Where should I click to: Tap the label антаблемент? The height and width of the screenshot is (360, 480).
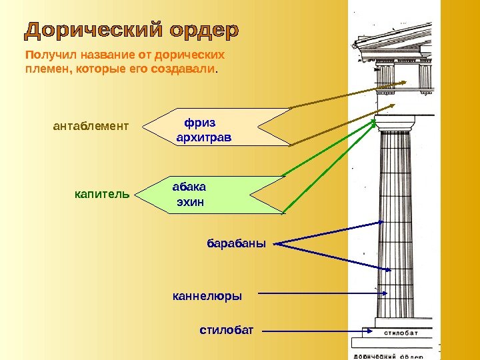[90, 125]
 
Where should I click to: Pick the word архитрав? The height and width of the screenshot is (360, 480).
[203, 138]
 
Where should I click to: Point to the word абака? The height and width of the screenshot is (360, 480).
[189, 187]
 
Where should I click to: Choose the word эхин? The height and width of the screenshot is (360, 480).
[189, 201]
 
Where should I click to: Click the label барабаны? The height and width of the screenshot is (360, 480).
[236, 243]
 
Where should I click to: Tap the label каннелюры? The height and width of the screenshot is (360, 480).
[207, 294]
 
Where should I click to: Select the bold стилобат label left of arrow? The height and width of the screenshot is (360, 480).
[227, 329]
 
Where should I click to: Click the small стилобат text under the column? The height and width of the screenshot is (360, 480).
[401, 333]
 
